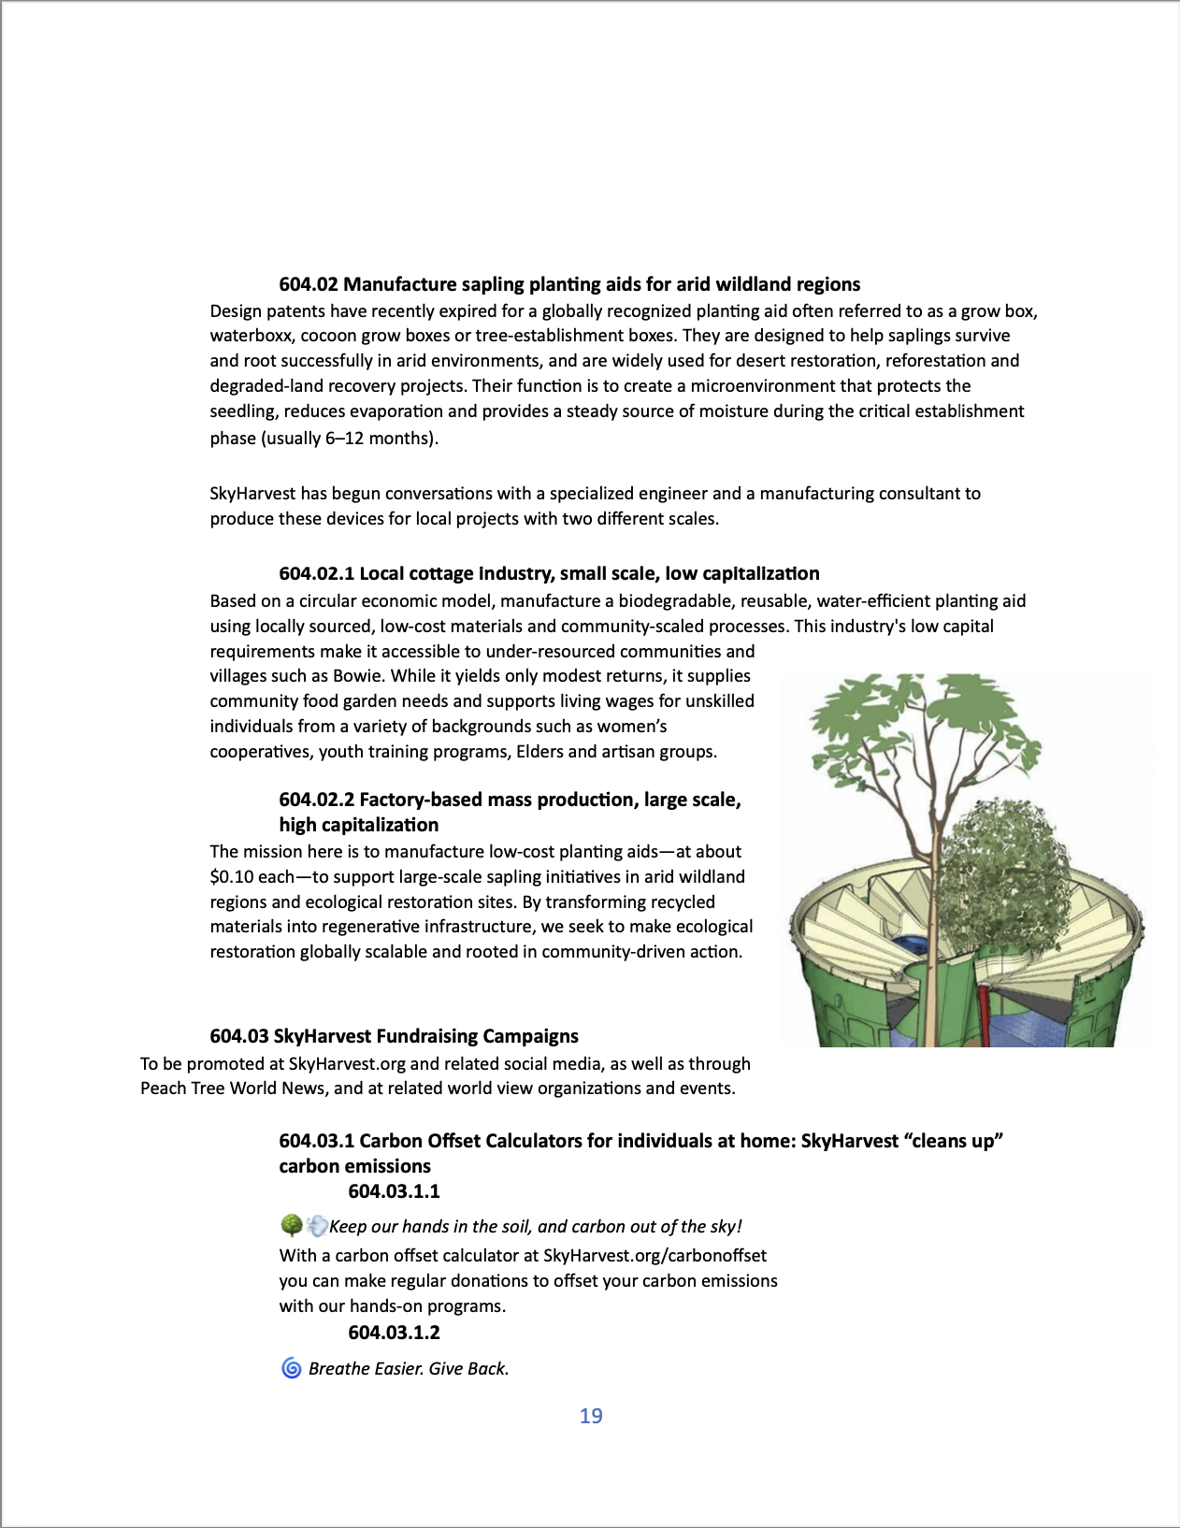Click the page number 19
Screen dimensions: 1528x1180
(x=591, y=1416)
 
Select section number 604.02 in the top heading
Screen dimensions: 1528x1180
(x=308, y=284)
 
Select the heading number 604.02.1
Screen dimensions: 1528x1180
(x=316, y=574)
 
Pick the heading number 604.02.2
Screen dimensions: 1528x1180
(x=316, y=800)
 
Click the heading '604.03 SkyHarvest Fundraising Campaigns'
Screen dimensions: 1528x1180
(x=394, y=1036)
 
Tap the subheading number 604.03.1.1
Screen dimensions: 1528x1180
(x=394, y=1191)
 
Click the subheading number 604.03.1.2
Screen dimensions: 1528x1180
(x=394, y=1333)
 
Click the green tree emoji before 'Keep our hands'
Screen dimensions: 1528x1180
(x=291, y=1226)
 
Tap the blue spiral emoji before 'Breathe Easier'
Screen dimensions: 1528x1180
(x=292, y=1369)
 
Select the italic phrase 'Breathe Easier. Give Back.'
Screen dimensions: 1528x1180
(x=409, y=1369)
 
